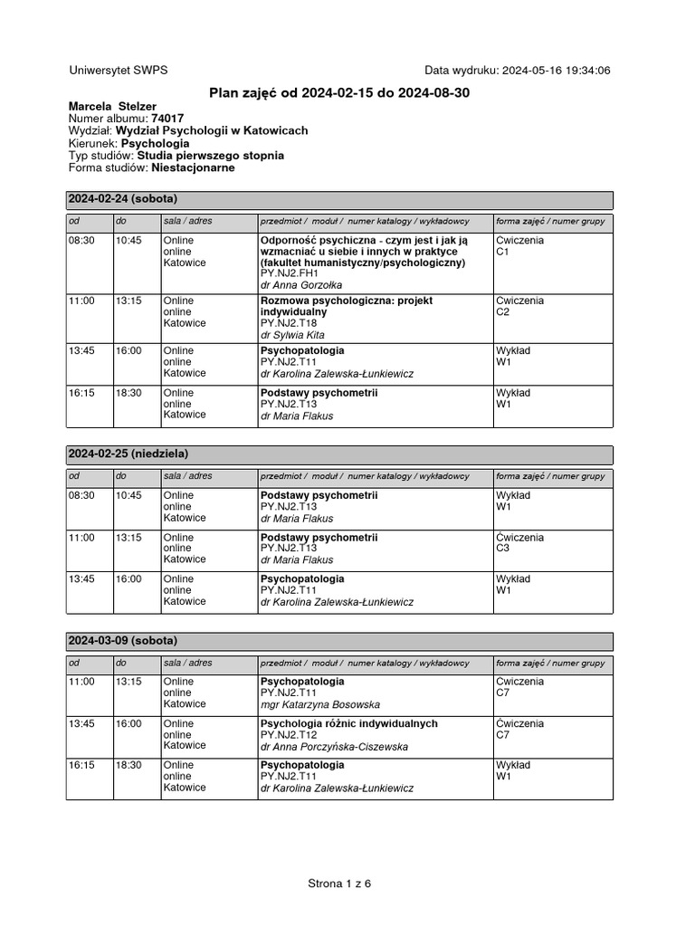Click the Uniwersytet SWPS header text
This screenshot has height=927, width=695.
tap(118, 71)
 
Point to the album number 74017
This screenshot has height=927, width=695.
tap(167, 119)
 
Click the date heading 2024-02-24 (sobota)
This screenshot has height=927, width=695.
tap(123, 199)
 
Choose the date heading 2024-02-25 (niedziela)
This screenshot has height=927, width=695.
tap(129, 454)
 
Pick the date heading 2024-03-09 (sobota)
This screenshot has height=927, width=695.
tap(123, 641)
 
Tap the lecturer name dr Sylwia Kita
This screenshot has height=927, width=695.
tap(292, 335)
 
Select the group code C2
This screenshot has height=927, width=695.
tap(503, 312)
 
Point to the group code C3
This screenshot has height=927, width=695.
tap(503, 549)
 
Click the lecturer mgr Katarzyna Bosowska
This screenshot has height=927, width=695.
tap(320, 704)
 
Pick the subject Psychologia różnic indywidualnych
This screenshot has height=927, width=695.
tap(349, 723)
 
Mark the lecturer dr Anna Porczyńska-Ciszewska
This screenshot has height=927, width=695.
tap(334, 747)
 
